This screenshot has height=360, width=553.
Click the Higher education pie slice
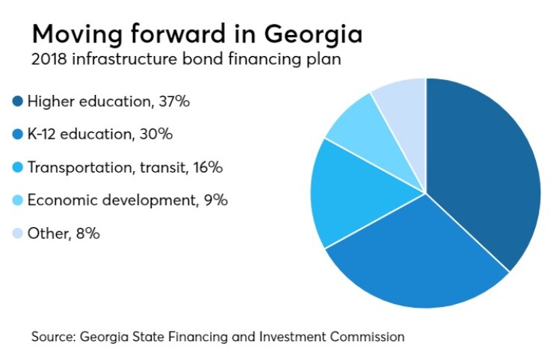point(486,172)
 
